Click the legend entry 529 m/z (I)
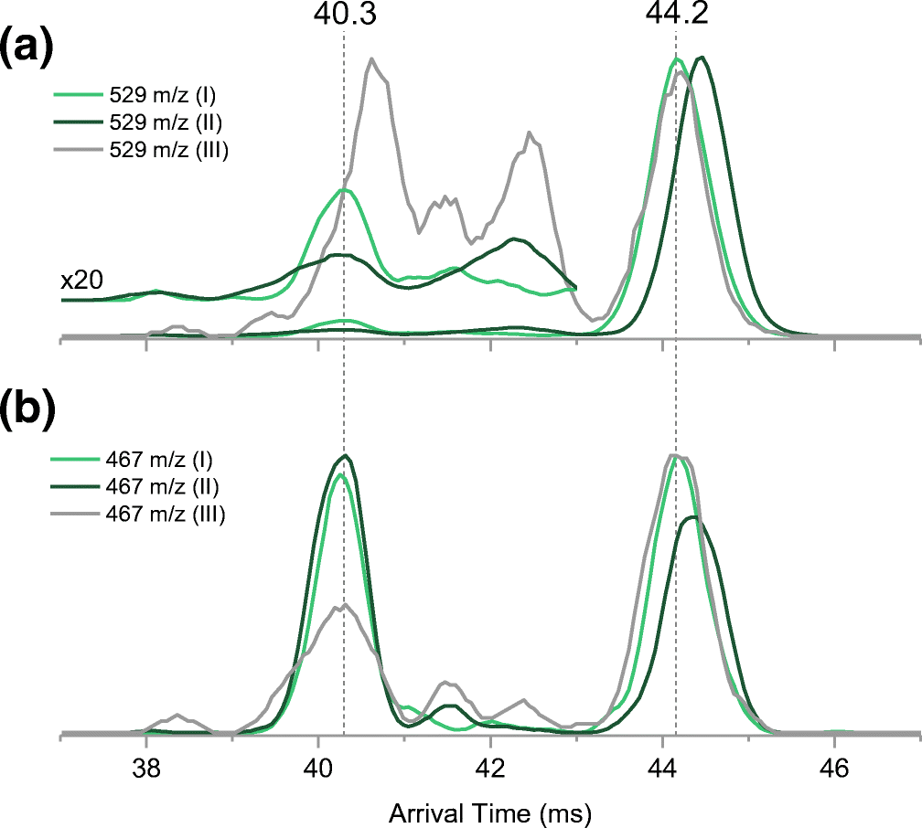161,93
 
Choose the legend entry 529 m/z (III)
166,150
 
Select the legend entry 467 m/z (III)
166,515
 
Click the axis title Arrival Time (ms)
490,811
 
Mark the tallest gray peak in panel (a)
372,59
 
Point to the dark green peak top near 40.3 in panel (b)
345,455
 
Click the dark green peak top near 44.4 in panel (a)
701,58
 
